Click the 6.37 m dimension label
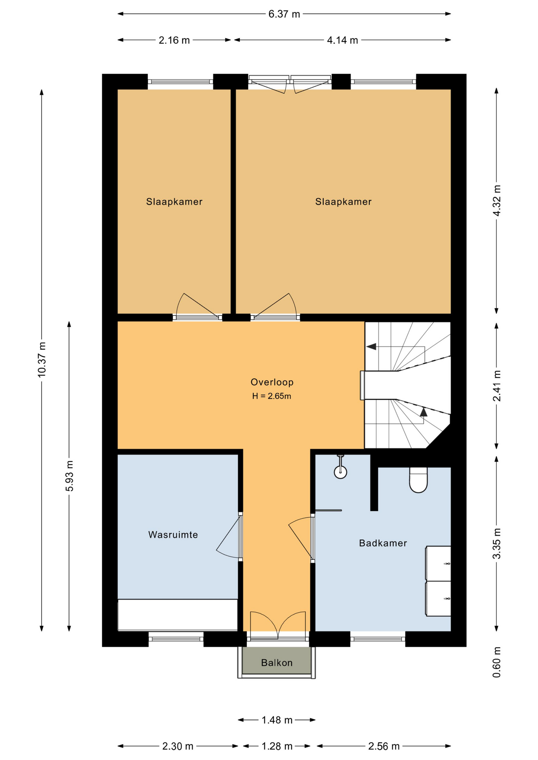[284, 14]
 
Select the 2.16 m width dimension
[174, 40]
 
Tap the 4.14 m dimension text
[342, 40]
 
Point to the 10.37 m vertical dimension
[42, 359]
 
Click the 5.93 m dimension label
[70, 476]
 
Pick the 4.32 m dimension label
[497, 200]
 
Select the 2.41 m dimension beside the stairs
[497, 386]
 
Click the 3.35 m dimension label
[497, 543]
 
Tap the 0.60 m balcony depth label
[497, 662]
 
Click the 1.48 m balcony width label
[277, 720]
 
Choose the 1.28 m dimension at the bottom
[277, 746]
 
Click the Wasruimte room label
[173, 535]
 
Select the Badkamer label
[383, 543]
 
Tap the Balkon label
[277, 663]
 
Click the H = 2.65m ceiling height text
[272, 396]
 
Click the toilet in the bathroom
[418, 481]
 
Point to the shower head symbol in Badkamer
[340, 471]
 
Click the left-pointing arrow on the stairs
[371, 347]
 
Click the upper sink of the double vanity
[439, 563]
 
